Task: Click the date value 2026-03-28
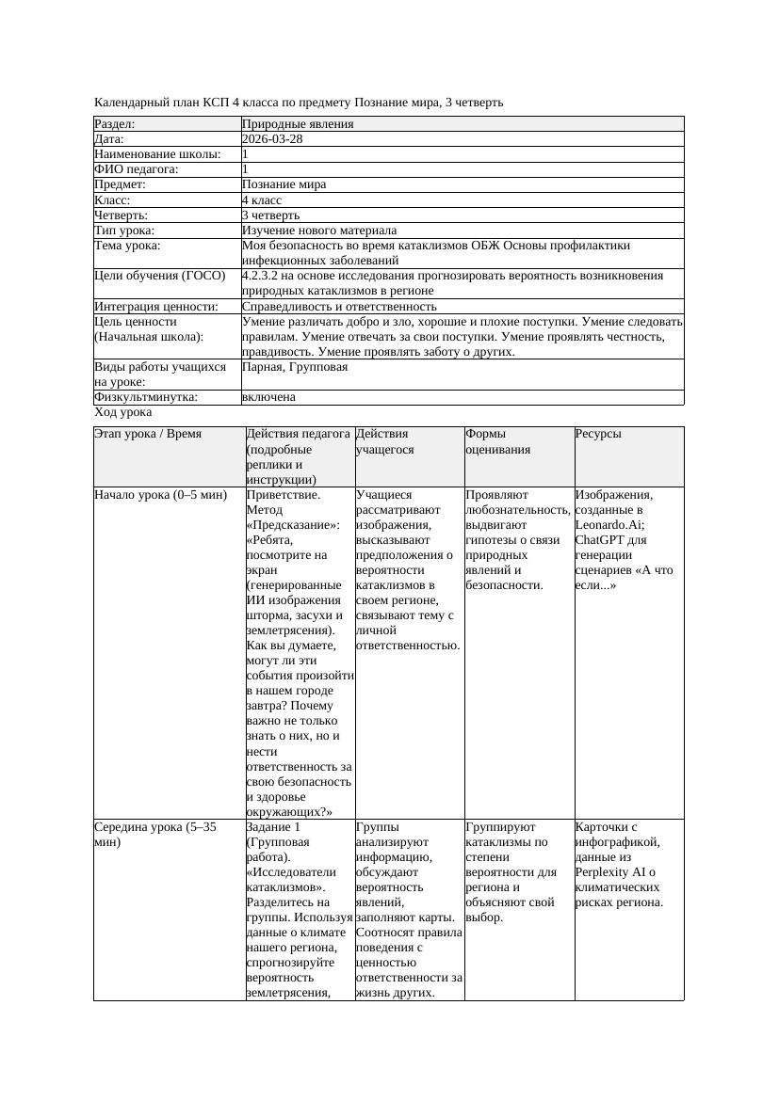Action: point(272,139)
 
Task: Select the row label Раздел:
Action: point(115,124)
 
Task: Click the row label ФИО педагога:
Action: point(137,169)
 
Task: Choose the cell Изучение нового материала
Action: point(319,231)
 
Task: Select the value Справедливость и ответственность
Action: point(339,307)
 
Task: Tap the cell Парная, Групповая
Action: point(295,367)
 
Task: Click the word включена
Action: point(268,397)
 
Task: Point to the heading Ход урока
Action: point(123,412)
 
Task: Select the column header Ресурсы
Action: point(598,435)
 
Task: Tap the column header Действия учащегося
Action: point(383,442)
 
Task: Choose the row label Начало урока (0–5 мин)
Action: point(160,495)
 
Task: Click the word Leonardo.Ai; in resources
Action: point(610,525)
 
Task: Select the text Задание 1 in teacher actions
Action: point(272,827)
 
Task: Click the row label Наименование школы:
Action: point(157,154)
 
